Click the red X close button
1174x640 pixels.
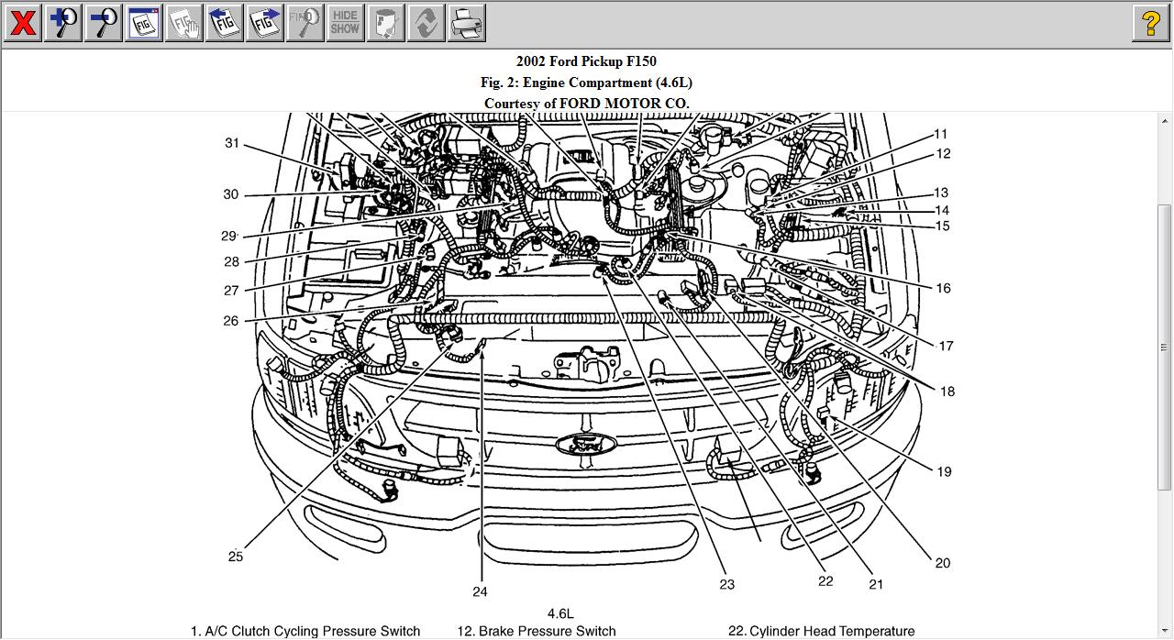pyautogui.click(x=23, y=23)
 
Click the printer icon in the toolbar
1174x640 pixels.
pyautogui.click(x=466, y=23)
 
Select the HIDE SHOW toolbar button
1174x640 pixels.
pyautogui.click(x=345, y=23)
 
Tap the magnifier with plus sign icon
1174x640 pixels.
pyautogui.click(x=63, y=23)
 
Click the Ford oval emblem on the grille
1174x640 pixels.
pyautogui.click(x=586, y=444)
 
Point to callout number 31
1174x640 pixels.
pyautogui.click(x=232, y=143)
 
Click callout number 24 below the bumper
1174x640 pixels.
pyautogui.click(x=480, y=591)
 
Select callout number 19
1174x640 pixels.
pyautogui.click(x=944, y=471)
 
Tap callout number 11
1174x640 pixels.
pyautogui.click(x=941, y=134)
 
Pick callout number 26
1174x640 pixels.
pyautogui.click(x=231, y=321)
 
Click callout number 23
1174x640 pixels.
pyautogui.click(x=726, y=584)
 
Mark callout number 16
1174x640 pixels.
pyautogui.click(x=943, y=288)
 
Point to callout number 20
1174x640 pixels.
pyautogui.click(x=942, y=563)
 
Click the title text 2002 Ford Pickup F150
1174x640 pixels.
pyautogui.click(x=586, y=61)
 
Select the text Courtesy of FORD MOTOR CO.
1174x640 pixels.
pyautogui.click(x=586, y=104)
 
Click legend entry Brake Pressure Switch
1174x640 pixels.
pyautogui.click(x=537, y=631)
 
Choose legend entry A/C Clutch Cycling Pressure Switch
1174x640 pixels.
pyautogui.click(x=305, y=631)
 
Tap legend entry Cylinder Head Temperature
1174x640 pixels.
pyautogui.click(x=821, y=631)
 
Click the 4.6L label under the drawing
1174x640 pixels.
pyautogui.click(x=559, y=613)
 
